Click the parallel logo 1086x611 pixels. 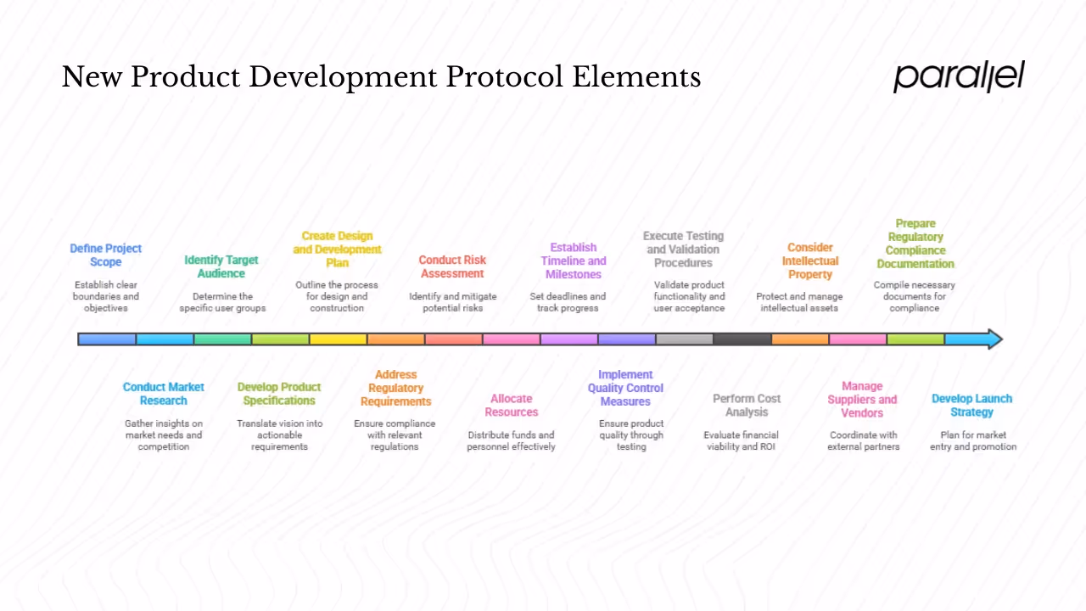pyautogui.click(x=959, y=76)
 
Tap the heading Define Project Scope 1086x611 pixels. pyautogui.click(x=106, y=255)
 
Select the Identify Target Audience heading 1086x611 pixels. pyautogui.click(x=221, y=267)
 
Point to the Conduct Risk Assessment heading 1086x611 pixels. pyautogui.click(x=452, y=267)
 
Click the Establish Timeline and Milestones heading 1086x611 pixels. pyautogui.click(x=574, y=261)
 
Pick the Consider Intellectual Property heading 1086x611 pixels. pyautogui.click(x=810, y=261)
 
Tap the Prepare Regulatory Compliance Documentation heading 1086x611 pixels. pyautogui.click(x=915, y=244)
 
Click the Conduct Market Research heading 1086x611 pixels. pyautogui.click(x=164, y=394)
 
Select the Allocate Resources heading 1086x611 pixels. pyautogui.click(x=512, y=406)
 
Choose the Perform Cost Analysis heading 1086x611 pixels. pyautogui.click(x=747, y=406)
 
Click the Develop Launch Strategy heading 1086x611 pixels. pyautogui.click(x=972, y=406)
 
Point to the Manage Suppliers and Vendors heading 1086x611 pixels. pyautogui.click(x=862, y=400)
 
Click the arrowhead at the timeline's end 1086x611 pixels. pyautogui.click(x=993, y=339)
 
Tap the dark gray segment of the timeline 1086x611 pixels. pyautogui.click(x=742, y=339)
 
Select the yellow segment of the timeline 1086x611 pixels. pyautogui.click(x=338, y=339)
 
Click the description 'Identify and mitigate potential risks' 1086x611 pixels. pyautogui.click(x=453, y=302)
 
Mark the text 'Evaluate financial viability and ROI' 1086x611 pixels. pyautogui.click(x=742, y=440)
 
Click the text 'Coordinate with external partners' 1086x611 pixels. pyautogui.click(x=864, y=440)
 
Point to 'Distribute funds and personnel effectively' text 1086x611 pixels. pyautogui.click(x=511, y=440)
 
